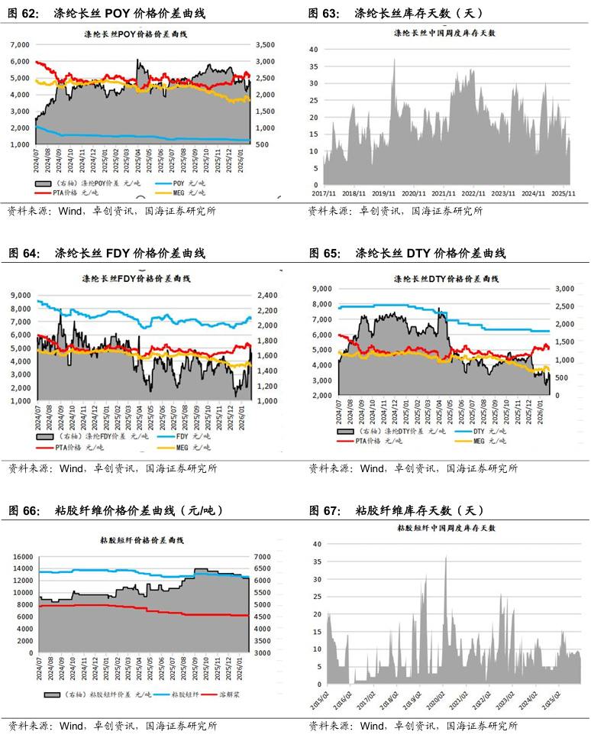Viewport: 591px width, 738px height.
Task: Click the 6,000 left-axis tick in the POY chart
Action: pos(20,45)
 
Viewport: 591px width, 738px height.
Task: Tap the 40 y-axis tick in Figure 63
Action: pos(313,49)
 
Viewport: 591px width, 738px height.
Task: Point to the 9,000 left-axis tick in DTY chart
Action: pos(321,289)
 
